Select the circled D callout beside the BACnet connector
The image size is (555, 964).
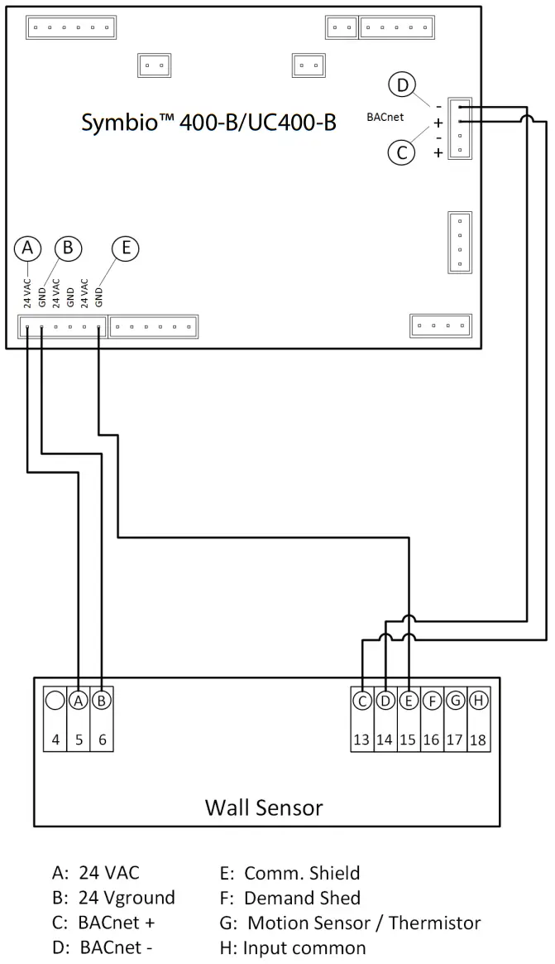(402, 85)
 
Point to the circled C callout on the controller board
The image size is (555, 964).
(402, 152)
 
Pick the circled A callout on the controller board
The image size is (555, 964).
(28, 248)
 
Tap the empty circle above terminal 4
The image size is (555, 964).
(55, 701)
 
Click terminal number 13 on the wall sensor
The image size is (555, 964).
(361, 740)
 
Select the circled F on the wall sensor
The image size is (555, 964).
(431, 701)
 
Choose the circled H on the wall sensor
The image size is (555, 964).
(477, 701)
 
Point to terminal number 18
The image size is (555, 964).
(477, 740)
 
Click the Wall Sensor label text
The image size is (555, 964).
(264, 807)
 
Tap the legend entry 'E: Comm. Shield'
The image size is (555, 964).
(289, 873)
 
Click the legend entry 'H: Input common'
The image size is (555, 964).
(294, 947)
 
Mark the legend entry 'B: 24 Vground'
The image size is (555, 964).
(113, 898)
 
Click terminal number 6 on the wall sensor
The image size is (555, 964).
(102, 740)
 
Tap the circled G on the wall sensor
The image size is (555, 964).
(454, 701)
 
